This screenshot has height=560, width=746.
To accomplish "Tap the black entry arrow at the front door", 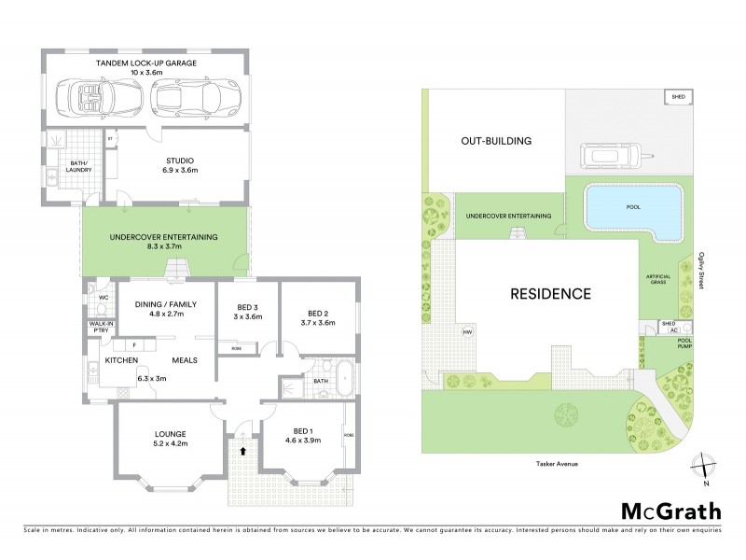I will point(243,450).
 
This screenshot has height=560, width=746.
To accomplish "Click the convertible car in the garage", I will point(91,95).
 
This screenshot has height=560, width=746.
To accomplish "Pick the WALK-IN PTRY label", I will point(102,327).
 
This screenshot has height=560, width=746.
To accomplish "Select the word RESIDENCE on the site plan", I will point(550,293).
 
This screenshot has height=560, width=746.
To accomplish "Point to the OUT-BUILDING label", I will point(495,142).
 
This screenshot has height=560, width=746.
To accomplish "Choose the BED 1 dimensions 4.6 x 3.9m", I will point(301,440).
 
